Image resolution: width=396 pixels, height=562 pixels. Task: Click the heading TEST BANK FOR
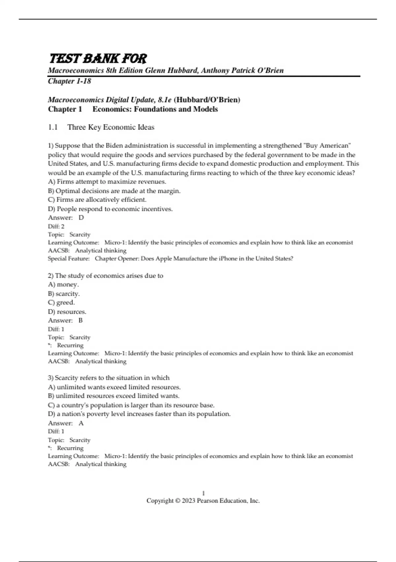pyautogui.click(x=98, y=59)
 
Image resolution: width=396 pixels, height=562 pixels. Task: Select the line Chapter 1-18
pyautogui.click(x=69, y=81)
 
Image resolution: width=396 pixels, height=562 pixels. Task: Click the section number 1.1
pyautogui.click(x=53, y=127)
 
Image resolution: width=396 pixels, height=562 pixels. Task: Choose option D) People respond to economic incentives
pyautogui.click(x=110, y=209)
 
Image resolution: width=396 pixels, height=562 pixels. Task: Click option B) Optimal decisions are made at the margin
pyautogui.click(x=114, y=191)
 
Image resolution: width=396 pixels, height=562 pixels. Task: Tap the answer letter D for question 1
pyautogui.click(x=81, y=218)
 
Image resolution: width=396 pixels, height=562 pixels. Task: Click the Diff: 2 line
pyautogui.click(x=56, y=226)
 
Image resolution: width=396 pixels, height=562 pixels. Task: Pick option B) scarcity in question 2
pyautogui.click(x=64, y=294)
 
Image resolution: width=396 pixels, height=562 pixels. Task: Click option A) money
pyautogui.click(x=63, y=284)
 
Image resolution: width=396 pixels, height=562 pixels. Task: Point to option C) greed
pyautogui.click(x=61, y=302)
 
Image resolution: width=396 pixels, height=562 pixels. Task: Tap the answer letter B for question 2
pyautogui.click(x=81, y=320)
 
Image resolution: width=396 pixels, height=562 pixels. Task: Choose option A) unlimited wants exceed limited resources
pyautogui.click(x=114, y=387)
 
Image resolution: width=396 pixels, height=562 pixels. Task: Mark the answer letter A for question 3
pyautogui.click(x=81, y=423)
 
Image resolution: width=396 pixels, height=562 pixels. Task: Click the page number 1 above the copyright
pyautogui.click(x=203, y=493)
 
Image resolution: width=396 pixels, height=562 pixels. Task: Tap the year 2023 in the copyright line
pyautogui.click(x=188, y=501)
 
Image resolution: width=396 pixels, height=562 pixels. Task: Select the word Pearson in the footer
pyautogui.click(x=207, y=501)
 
